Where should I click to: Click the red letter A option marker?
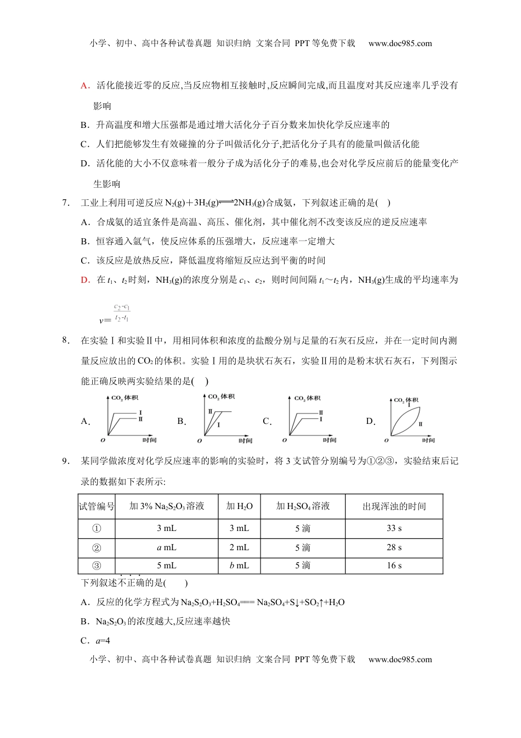[84, 86]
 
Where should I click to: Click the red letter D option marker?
[84, 280]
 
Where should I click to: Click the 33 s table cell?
[394, 528]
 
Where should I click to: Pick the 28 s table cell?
[394, 547]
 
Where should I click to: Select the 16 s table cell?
[394, 566]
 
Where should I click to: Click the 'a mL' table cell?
[167, 547]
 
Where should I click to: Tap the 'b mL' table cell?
[239, 566]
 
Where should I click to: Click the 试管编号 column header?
[97, 506]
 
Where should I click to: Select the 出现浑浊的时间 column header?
[394, 506]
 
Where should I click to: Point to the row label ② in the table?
[97, 547]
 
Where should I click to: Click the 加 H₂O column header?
[239, 506]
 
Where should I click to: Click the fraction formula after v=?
[122, 313]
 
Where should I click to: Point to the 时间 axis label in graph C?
[329, 440]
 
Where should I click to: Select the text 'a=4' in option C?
[103, 641]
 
